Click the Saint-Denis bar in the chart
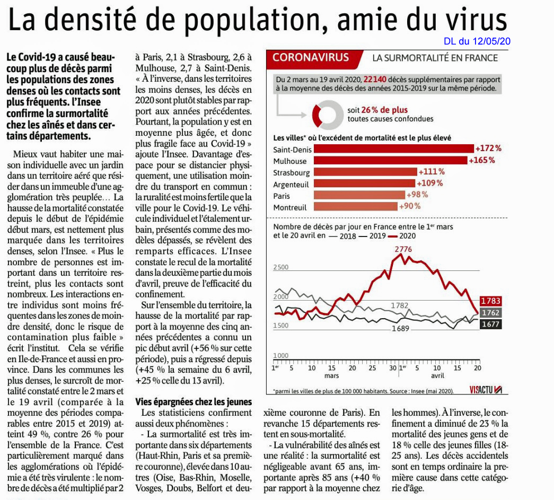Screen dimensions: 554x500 (x=393, y=149)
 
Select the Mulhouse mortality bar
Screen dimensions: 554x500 (x=390, y=161)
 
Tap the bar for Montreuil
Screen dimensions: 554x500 (x=355, y=206)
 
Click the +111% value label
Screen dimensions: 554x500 (x=432, y=172)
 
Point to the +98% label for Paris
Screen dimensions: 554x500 (x=417, y=195)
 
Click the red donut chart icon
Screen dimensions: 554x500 (x=327, y=115)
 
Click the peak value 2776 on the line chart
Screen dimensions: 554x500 (x=403, y=249)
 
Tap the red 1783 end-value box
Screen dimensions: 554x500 (x=491, y=301)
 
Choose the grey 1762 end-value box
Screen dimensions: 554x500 (x=491, y=312)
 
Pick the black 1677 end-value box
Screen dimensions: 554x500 (x=491, y=324)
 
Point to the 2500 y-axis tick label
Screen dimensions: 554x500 (x=281, y=267)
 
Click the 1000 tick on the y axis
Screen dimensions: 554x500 (x=281, y=355)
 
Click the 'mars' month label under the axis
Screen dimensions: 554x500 (x=331, y=375)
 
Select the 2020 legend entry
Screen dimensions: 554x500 (x=402, y=236)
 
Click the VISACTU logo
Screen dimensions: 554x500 (x=486, y=389)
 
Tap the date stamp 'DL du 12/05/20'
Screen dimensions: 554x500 (x=477, y=41)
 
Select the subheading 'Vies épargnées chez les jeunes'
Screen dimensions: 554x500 (x=194, y=402)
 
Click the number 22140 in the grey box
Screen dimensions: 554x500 (x=375, y=80)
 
